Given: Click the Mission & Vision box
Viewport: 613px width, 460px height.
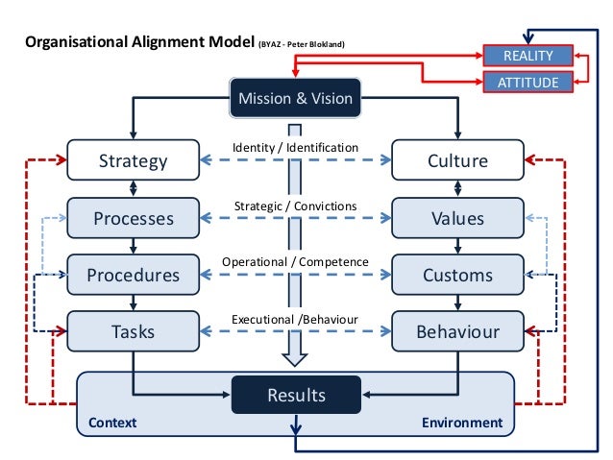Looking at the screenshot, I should pyautogui.click(x=295, y=98).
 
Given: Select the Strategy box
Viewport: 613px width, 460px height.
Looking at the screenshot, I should pyautogui.click(x=133, y=160).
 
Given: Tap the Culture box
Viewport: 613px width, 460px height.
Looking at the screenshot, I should pyautogui.click(x=457, y=160).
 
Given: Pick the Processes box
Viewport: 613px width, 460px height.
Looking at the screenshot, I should pyautogui.click(x=133, y=218).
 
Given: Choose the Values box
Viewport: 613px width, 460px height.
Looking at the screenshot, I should pyautogui.click(x=457, y=218).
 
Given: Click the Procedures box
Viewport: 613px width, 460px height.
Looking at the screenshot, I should pyautogui.click(x=133, y=275).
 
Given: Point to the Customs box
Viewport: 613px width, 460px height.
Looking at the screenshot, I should pyautogui.click(x=457, y=275).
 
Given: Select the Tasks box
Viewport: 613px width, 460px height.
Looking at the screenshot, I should pyautogui.click(x=133, y=331).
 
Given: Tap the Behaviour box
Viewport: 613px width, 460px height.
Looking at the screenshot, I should pyautogui.click(x=457, y=331).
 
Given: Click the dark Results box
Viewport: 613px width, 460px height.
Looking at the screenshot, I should pyautogui.click(x=296, y=395).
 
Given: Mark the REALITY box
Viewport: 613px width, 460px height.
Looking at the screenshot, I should pyautogui.click(x=527, y=56).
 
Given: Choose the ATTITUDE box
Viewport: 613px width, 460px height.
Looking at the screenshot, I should pyautogui.click(x=527, y=83).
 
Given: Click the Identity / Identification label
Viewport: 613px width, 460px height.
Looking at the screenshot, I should pyautogui.click(x=295, y=147).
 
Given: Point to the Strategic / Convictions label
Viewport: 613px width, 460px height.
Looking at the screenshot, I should pyautogui.click(x=295, y=206).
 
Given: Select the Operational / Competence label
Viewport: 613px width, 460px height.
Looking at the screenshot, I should pyautogui.click(x=295, y=261).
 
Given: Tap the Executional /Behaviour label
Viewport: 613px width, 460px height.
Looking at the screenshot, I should pyautogui.click(x=295, y=319).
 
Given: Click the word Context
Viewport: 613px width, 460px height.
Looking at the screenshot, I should pyautogui.click(x=112, y=423).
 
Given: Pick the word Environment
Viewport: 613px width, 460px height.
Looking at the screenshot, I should pyautogui.click(x=462, y=423).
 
